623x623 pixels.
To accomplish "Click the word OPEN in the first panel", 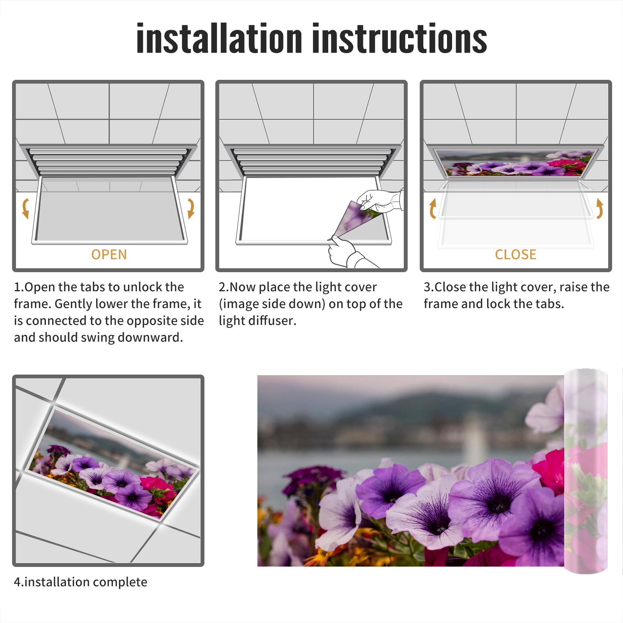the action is click(109, 255).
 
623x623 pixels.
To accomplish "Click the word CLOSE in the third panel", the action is click(516, 255).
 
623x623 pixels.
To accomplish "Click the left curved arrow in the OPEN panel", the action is click(25, 208).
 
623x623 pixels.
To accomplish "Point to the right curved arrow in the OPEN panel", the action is click(191, 208).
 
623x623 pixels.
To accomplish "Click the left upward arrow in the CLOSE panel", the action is click(433, 208).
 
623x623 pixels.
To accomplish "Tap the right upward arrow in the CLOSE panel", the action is click(600, 208).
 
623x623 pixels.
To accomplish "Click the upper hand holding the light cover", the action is click(380, 201).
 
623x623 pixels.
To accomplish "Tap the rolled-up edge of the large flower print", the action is click(586, 471).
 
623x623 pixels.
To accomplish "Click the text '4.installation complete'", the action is click(81, 582).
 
